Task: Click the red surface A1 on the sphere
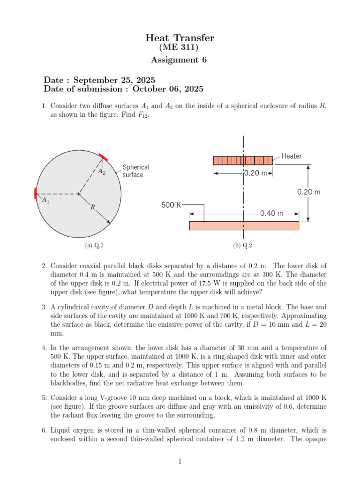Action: pyautogui.click(x=35, y=193)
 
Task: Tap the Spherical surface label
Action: pyautogui.click(x=136, y=171)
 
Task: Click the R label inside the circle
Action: pyautogui.click(x=92, y=206)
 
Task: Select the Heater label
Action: pyautogui.click(x=292, y=156)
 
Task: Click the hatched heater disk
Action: pyautogui.click(x=243, y=160)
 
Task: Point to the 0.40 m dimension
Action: pyautogui.click(x=272, y=213)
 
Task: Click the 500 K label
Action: pyautogui.click(x=171, y=205)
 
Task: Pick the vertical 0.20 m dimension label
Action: pyautogui.click(x=309, y=192)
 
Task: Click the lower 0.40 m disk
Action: pyautogui.click(x=244, y=225)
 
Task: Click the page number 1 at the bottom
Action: pyautogui.click(x=180, y=461)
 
